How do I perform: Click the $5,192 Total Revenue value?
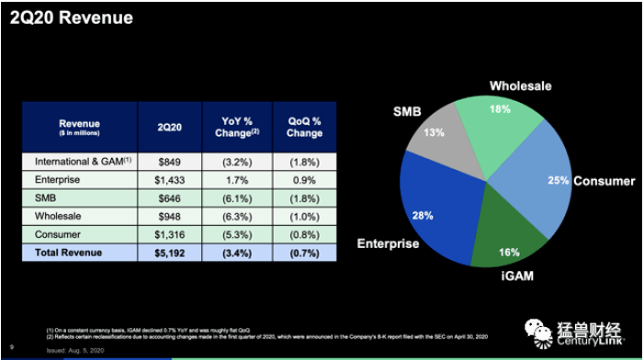(x=170, y=252)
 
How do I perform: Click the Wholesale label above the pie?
(x=520, y=85)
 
